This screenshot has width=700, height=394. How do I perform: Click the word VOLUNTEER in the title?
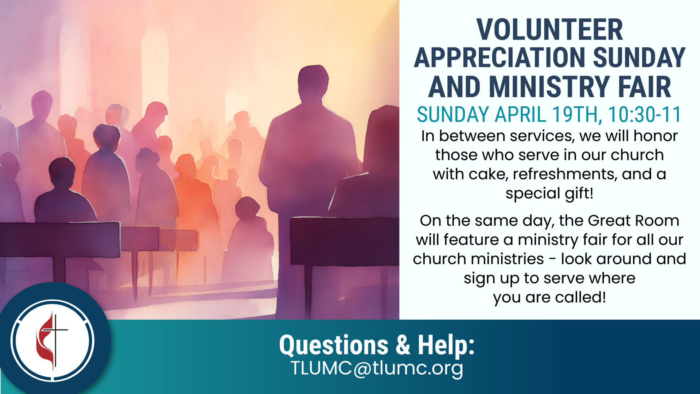coord(549,30)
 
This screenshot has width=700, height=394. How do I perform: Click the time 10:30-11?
coord(645,115)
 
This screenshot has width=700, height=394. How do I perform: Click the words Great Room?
coord(633,221)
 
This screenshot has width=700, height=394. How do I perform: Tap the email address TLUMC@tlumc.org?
coord(377,368)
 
